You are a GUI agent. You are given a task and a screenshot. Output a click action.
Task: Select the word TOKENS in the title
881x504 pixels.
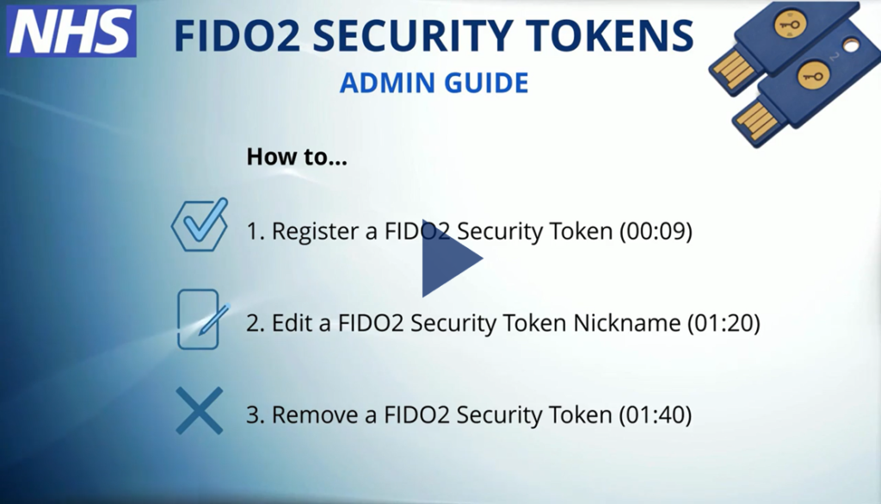pos(611,35)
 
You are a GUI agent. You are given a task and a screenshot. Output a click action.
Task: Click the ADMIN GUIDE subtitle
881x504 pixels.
pos(434,84)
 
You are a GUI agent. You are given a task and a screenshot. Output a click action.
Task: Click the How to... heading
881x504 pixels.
pos(297,157)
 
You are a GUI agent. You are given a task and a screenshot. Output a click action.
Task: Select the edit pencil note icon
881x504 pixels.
pos(200,320)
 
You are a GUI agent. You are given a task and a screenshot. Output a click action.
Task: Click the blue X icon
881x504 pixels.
pos(199,411)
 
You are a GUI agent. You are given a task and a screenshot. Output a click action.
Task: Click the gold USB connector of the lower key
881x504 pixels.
pos(755,120)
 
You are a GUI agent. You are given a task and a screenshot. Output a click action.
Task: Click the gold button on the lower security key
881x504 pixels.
pos(812,75)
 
